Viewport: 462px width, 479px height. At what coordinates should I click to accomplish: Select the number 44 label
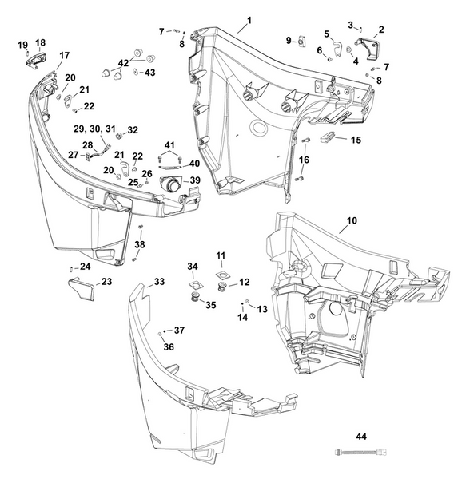(x=361, y=437)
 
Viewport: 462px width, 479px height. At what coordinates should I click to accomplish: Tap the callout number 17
(x=64, y=55)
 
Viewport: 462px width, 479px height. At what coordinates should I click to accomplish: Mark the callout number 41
(x=169, y=144)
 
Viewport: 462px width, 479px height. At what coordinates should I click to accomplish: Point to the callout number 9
(x=289, y=40)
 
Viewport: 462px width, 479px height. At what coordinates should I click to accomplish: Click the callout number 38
(x=141, y=244)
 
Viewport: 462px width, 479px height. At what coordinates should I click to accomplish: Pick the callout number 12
(x=245, y=282)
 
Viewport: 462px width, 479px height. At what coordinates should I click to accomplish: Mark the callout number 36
(x=169, y=346)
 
